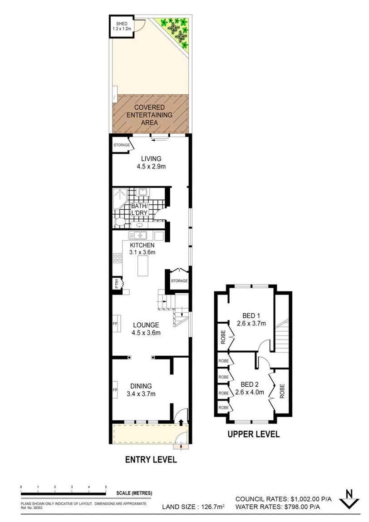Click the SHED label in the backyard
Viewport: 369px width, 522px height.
coord(121,23)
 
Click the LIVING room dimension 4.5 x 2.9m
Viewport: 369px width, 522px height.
coord(151,167)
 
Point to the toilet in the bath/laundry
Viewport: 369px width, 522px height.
coord(119,222)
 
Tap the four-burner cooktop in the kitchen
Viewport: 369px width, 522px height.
coord(118,258)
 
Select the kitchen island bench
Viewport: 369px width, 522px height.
coord(145,266)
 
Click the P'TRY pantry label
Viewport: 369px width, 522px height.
coord(117,284)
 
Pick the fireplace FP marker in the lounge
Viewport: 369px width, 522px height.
coord(115,324)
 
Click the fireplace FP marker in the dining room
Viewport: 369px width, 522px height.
coord(115,389)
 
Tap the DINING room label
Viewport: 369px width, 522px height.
coord(141,386)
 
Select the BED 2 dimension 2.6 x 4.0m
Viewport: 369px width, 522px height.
coord(250,392)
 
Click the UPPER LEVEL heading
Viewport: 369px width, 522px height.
coord(253,434)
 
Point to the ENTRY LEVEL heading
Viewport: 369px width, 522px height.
coord(151,460)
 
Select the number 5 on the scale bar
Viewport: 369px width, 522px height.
coord(106,487)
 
